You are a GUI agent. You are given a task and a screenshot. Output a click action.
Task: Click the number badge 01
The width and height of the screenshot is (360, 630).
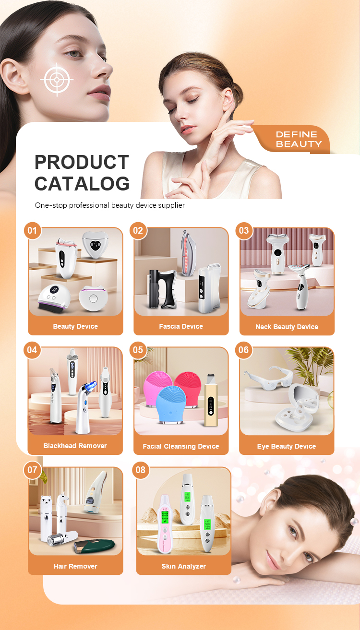[x=32, y=231]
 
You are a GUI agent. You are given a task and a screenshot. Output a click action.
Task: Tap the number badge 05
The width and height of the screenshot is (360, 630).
[x=138, y=350]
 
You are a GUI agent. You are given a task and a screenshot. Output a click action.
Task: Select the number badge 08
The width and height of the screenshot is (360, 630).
[x=140, y=470]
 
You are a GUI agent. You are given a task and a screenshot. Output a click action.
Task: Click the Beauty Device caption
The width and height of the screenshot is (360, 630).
[x=75, y=326]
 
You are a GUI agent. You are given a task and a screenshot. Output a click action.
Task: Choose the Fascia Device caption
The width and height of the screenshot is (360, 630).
[x=181, y=326]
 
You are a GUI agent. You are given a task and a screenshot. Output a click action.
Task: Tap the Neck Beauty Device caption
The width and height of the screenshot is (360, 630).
[x=287, y=327]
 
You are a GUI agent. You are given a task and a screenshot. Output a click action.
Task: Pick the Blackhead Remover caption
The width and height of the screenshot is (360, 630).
[x=75, y=446]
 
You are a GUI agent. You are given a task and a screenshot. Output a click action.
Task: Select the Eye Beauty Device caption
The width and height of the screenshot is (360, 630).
[x=287, y=446]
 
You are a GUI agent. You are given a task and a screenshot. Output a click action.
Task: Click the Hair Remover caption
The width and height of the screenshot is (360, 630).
[x=75, y=566]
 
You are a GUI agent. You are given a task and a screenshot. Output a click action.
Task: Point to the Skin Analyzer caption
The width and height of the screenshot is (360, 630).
[x=183, y=566]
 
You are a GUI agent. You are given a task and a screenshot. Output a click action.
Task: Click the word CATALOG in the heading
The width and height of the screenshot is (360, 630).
[x=82, y=184]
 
